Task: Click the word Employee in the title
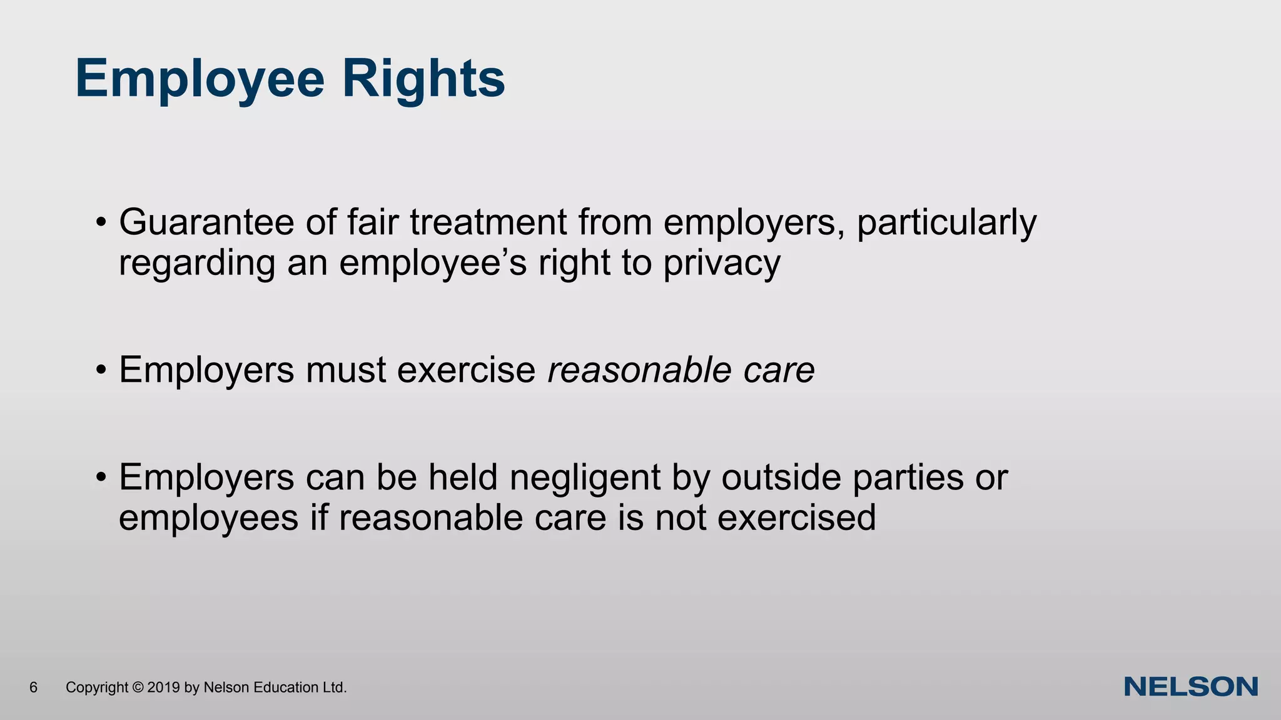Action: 200,79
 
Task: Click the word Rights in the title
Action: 423,79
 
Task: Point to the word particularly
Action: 946,223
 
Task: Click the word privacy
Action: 722,263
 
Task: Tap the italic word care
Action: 779,370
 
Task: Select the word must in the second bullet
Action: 345,370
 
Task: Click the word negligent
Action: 585,478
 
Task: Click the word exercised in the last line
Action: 796,518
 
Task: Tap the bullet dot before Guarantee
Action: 101,224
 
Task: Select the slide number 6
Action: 34,687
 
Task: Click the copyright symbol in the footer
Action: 138,687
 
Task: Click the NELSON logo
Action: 1191,687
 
